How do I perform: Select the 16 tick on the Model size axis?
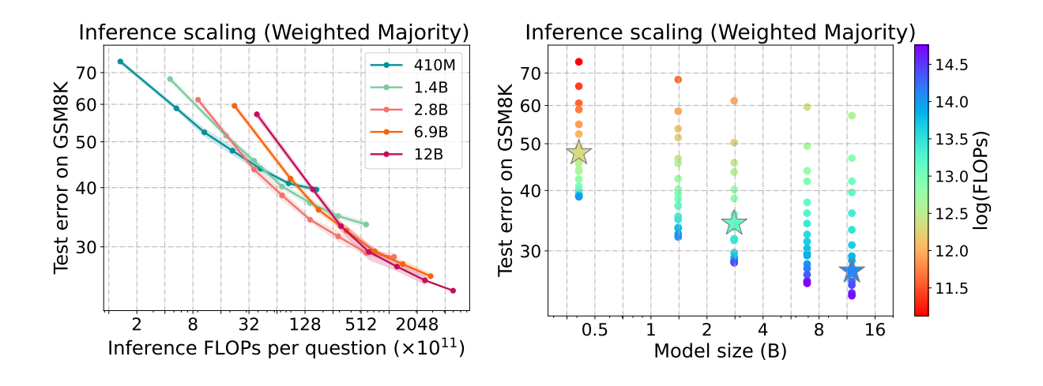874,329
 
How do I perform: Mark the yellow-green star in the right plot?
579,153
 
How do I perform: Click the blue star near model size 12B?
852,272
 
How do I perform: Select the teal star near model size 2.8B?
734,223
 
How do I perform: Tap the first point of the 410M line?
120,62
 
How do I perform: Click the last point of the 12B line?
453,290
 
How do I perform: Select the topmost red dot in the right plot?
578,62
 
